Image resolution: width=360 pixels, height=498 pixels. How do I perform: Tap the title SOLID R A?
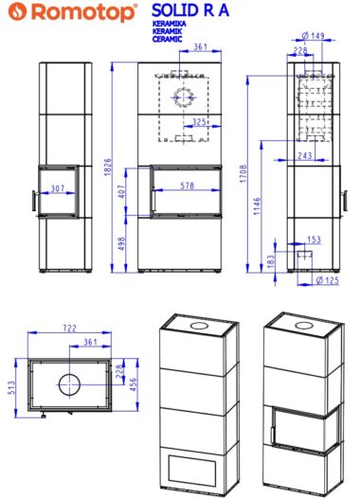point(190,10)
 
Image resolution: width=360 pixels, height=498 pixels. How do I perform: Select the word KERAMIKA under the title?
point(169,24)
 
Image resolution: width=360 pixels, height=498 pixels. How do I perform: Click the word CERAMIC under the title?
point(168,39)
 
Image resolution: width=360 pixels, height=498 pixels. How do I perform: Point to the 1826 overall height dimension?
point(108,167)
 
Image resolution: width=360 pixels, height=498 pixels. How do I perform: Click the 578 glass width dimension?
point(188,186)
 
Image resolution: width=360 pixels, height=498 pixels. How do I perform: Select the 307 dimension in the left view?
point(58,188)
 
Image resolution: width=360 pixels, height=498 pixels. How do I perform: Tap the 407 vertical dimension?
point(121,191)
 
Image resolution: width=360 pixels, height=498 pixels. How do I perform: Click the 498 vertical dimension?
point(121,243)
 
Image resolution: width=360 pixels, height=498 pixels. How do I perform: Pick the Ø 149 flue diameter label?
point(313,35)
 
